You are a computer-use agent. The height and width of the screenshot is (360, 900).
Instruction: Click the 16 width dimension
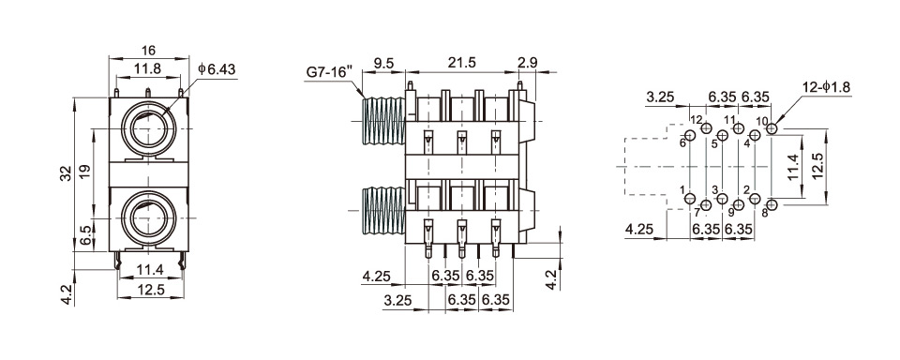[148, 50]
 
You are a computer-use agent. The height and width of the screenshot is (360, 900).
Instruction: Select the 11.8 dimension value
[147, 68]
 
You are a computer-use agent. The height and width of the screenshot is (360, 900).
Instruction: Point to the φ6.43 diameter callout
[217, 68]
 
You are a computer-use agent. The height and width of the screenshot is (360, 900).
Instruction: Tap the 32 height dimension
[67, 173]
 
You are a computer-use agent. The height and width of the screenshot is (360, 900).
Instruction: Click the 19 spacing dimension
[84, 172]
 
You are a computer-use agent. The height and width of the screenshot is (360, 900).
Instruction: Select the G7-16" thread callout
[329, 73]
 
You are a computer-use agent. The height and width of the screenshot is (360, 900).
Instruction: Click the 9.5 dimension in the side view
[383, 63]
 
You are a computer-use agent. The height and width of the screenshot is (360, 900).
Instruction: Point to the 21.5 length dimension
[461, 63]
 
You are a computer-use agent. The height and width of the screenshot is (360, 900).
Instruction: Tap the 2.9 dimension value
[527, 63]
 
